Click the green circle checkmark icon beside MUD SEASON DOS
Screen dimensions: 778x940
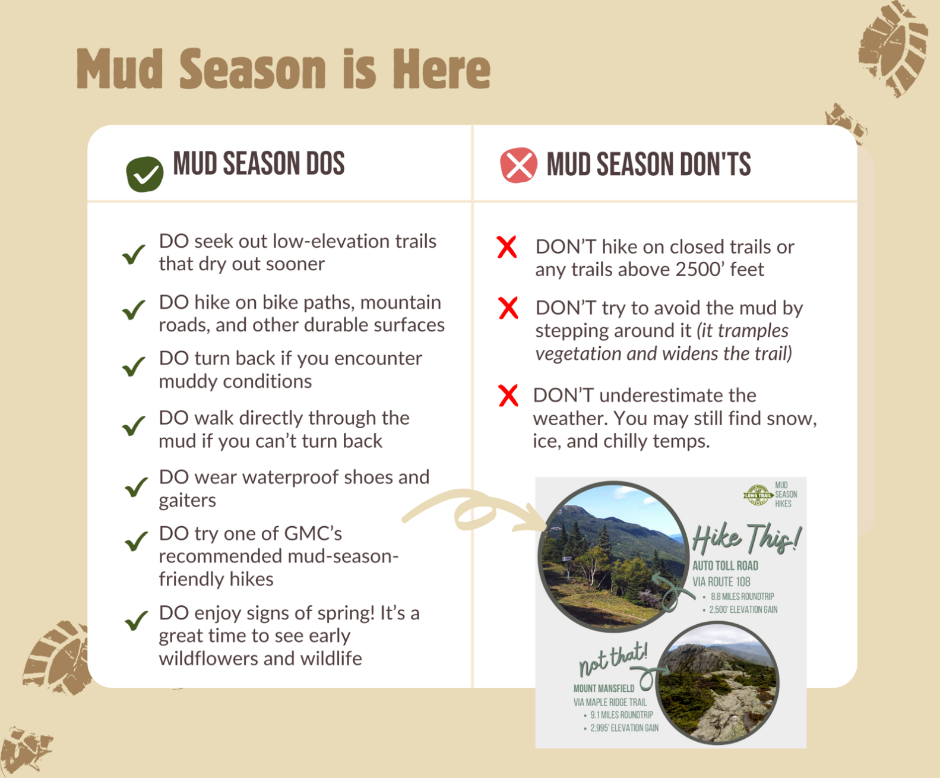coord(145,173)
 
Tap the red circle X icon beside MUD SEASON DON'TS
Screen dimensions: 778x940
coord(518,165)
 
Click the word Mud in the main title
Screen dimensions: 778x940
coord(119,69)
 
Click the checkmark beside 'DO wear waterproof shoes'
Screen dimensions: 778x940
coord(136,487)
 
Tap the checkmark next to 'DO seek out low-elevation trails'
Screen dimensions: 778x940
coord(134,254)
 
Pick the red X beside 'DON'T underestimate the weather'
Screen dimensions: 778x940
coord(508,396)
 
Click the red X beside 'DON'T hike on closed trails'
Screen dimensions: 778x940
coord(507,247)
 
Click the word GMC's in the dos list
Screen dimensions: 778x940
coord(313,533)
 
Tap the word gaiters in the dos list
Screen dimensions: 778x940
coord(187,500)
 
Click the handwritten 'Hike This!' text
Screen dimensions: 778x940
coord(746,538)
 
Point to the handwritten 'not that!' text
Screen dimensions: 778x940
coord(613,658)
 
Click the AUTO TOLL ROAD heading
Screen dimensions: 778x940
coord(725,566)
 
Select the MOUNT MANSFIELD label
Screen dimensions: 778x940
coord(603,689)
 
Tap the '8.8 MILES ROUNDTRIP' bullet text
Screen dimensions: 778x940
coord(742,596)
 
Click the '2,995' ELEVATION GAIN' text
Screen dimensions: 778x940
coord(624,728)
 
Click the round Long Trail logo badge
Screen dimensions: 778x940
coord(758,495)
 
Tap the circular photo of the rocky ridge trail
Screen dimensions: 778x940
coord(718,683)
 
